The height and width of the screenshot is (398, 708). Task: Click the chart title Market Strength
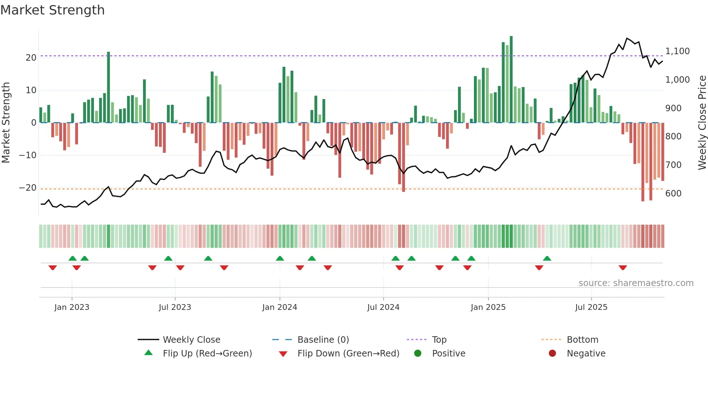pyautogui.click(x=52, y=10)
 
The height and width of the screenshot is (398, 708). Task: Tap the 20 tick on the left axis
pyautogui.click(x=31, y=58)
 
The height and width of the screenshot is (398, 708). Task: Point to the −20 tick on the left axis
pyautogui.click(x=28, y=188)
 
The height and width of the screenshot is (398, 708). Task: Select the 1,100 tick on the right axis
pyautogui.click(x=677, y=51)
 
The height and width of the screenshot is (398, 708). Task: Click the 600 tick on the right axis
pyautogui.click(x=673, y=194)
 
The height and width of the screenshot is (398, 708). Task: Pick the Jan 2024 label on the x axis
pyautogui.click(x=280, y=307)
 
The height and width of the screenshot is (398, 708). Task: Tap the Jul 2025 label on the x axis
pyautogui.click(x=591, y=307)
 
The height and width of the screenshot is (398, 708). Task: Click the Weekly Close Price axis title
pyautogui.click(x=702, y=123)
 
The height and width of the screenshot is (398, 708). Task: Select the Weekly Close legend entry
pyautogui.click(x=191, y=340)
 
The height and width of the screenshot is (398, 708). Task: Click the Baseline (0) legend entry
pyautogui.click(x=323, y=340)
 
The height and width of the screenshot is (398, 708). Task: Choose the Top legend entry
pyautogui.click(x=439, y=340)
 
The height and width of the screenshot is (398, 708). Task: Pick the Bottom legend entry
pyautogui.click(x=582, y=340)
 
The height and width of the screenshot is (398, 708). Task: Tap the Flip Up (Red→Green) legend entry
pyautogui.click(x=207, y=354)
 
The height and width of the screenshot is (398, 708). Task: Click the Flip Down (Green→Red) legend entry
pyautogui.click(x=348, y=354)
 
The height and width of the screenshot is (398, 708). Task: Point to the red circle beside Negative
pyautogui.click(x=552, y=354)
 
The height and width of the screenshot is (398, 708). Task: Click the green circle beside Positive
pyautogui.click(x=418, y=354)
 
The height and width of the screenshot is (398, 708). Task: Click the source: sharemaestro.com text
pyautogui.click(x=636, y=283)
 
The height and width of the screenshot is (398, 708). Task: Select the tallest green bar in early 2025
pyautogui.click(x=511, y=79)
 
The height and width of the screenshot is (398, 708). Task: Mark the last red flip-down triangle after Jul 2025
pyautogui.click(x=622, y=268)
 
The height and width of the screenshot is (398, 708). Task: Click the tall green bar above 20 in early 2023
pyautogui.click(x=108, y=87)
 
